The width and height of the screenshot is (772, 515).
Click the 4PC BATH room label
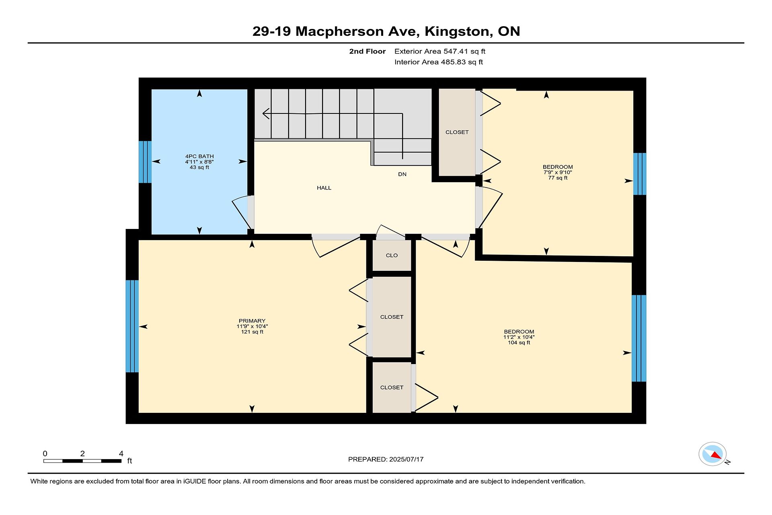point(199,156)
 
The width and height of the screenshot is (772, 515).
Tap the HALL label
point(324,188)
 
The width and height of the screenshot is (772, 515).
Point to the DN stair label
point(402,174)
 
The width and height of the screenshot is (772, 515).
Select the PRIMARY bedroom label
point(252,321)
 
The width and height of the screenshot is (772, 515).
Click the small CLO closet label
point(392,255)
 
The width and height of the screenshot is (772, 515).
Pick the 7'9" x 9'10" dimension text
point(558,172)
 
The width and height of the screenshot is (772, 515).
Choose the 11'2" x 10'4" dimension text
point(519,337)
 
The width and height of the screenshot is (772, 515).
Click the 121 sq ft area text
point(252,332)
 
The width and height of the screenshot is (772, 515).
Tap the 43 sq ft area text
point(199,167)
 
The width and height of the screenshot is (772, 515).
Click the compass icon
point(713,454)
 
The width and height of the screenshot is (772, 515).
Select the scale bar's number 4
point(121,454)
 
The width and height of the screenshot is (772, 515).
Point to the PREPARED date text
point(386,459)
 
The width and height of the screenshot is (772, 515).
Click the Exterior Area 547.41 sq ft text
point(440,51)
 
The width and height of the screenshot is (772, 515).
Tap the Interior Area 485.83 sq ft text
point(439,62)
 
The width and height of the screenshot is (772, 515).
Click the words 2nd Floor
point(368,51)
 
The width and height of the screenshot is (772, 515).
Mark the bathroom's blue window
point(145,162)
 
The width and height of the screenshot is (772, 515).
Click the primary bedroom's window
point(132,326)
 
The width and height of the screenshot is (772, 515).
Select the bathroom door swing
point(243,212)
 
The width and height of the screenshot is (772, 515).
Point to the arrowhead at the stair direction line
point(266,114)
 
